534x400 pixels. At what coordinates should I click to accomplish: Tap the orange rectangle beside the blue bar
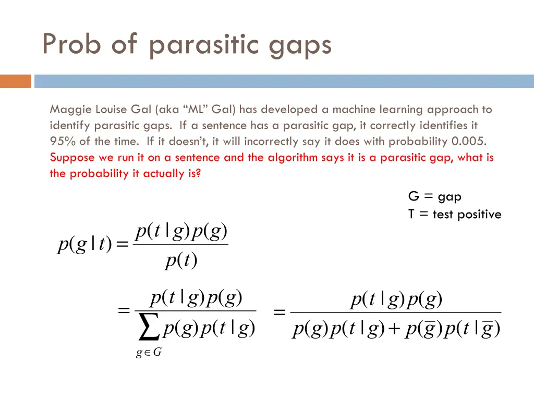pos(16,81)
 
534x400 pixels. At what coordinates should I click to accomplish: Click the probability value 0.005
pos(471,142)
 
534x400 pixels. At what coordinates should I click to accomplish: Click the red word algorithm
pos(292,158)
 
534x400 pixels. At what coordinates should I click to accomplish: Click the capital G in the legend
pos(414,197)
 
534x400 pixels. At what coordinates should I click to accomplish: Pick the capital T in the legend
pos(412,214)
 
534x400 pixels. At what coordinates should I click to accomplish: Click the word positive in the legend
pos(480,215)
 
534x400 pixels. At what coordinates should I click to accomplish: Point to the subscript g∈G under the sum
pos(149,353)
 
